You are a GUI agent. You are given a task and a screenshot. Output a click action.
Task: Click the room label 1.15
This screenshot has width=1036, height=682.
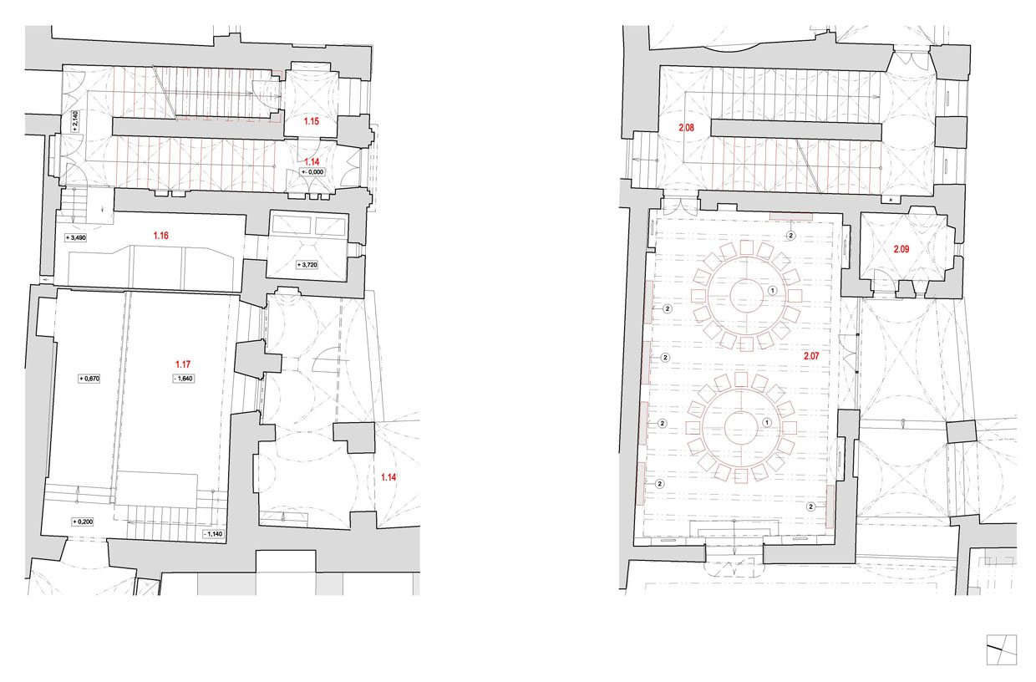click(312, 122)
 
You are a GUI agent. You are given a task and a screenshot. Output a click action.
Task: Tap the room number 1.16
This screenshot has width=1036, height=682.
click(161, 236)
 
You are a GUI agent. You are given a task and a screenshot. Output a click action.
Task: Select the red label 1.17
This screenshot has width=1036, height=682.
click(183, 364)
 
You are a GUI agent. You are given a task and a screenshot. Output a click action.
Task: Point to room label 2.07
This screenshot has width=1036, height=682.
click(811, 356)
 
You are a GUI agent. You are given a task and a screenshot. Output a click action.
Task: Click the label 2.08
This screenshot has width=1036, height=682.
click(687, 128)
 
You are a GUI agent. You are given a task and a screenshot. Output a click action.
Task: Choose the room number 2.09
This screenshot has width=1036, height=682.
click(901, 249)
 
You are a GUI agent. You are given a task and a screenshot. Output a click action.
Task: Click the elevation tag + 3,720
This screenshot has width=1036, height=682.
click(307, 265)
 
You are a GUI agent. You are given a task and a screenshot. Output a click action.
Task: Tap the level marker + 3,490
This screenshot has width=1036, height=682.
click(75, 238)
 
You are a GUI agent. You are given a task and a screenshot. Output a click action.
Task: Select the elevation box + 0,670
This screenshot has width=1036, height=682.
click(89, 379)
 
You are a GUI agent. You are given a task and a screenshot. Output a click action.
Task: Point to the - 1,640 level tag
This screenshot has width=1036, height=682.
click(183, 379)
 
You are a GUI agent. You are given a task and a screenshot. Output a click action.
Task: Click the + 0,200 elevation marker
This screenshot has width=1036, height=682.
click(83, 522)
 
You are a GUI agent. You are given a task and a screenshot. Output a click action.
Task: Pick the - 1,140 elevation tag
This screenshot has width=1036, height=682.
click(213, 534)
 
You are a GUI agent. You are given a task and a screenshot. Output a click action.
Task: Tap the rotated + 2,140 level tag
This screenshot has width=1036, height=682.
click(75, 121)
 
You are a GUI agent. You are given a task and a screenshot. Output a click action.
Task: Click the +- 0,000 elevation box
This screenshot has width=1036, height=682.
click(312, 172)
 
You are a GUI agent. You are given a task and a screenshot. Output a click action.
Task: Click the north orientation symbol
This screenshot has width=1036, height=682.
click(1001, 649)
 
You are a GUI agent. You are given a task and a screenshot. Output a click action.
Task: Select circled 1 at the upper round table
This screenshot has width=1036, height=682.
click(772, 291)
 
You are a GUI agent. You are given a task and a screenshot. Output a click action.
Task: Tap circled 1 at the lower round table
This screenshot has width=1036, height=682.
click(767, 422)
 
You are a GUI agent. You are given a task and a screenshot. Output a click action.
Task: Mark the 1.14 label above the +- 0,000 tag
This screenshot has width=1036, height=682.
click(312, 162)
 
